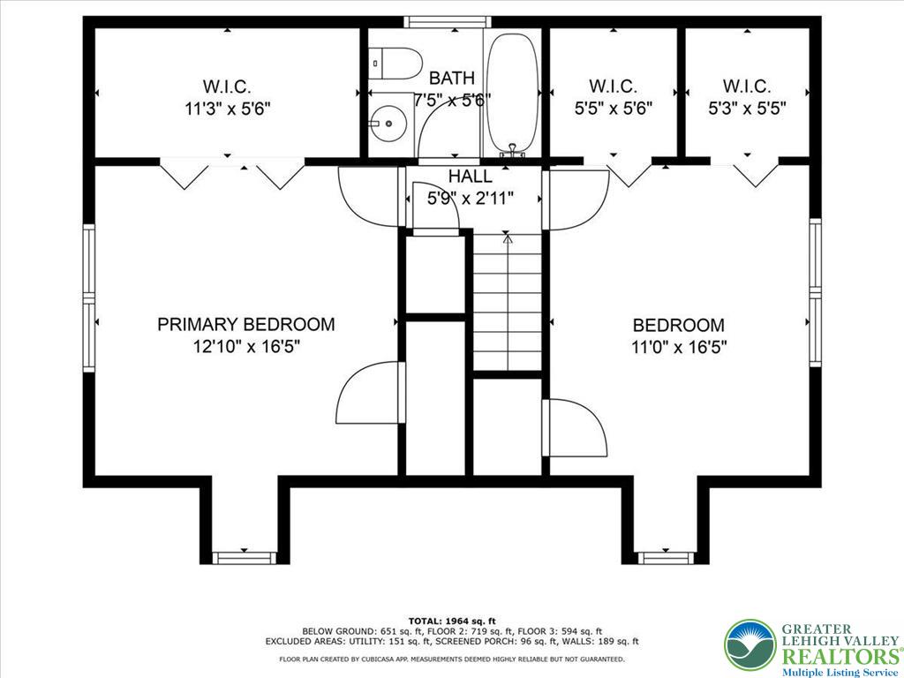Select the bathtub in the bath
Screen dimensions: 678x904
(x=512, y=92)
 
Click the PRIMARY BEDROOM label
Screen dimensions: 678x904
(x=245, y=324)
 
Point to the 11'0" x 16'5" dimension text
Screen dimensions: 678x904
(x=679, y=346)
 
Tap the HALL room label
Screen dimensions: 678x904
(x=470, y=177)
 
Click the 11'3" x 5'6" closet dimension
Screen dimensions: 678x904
(x=227, y=109)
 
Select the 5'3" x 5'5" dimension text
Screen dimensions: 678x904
(x=747, y=109)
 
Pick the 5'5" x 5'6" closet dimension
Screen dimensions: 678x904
(x=612, y=109)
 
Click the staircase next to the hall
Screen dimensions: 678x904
(x=508, y=300)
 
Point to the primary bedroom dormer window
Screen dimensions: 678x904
(x=245, y=557)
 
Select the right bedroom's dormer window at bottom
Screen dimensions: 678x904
(x=667, y=557)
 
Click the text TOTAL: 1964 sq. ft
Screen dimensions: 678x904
(x=452, y=621)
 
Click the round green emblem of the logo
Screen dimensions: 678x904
(x=750, y=644)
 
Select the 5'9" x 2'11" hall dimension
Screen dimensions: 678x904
(x=470, y=199)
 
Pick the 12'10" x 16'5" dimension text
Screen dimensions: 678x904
(x=247, y=346)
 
